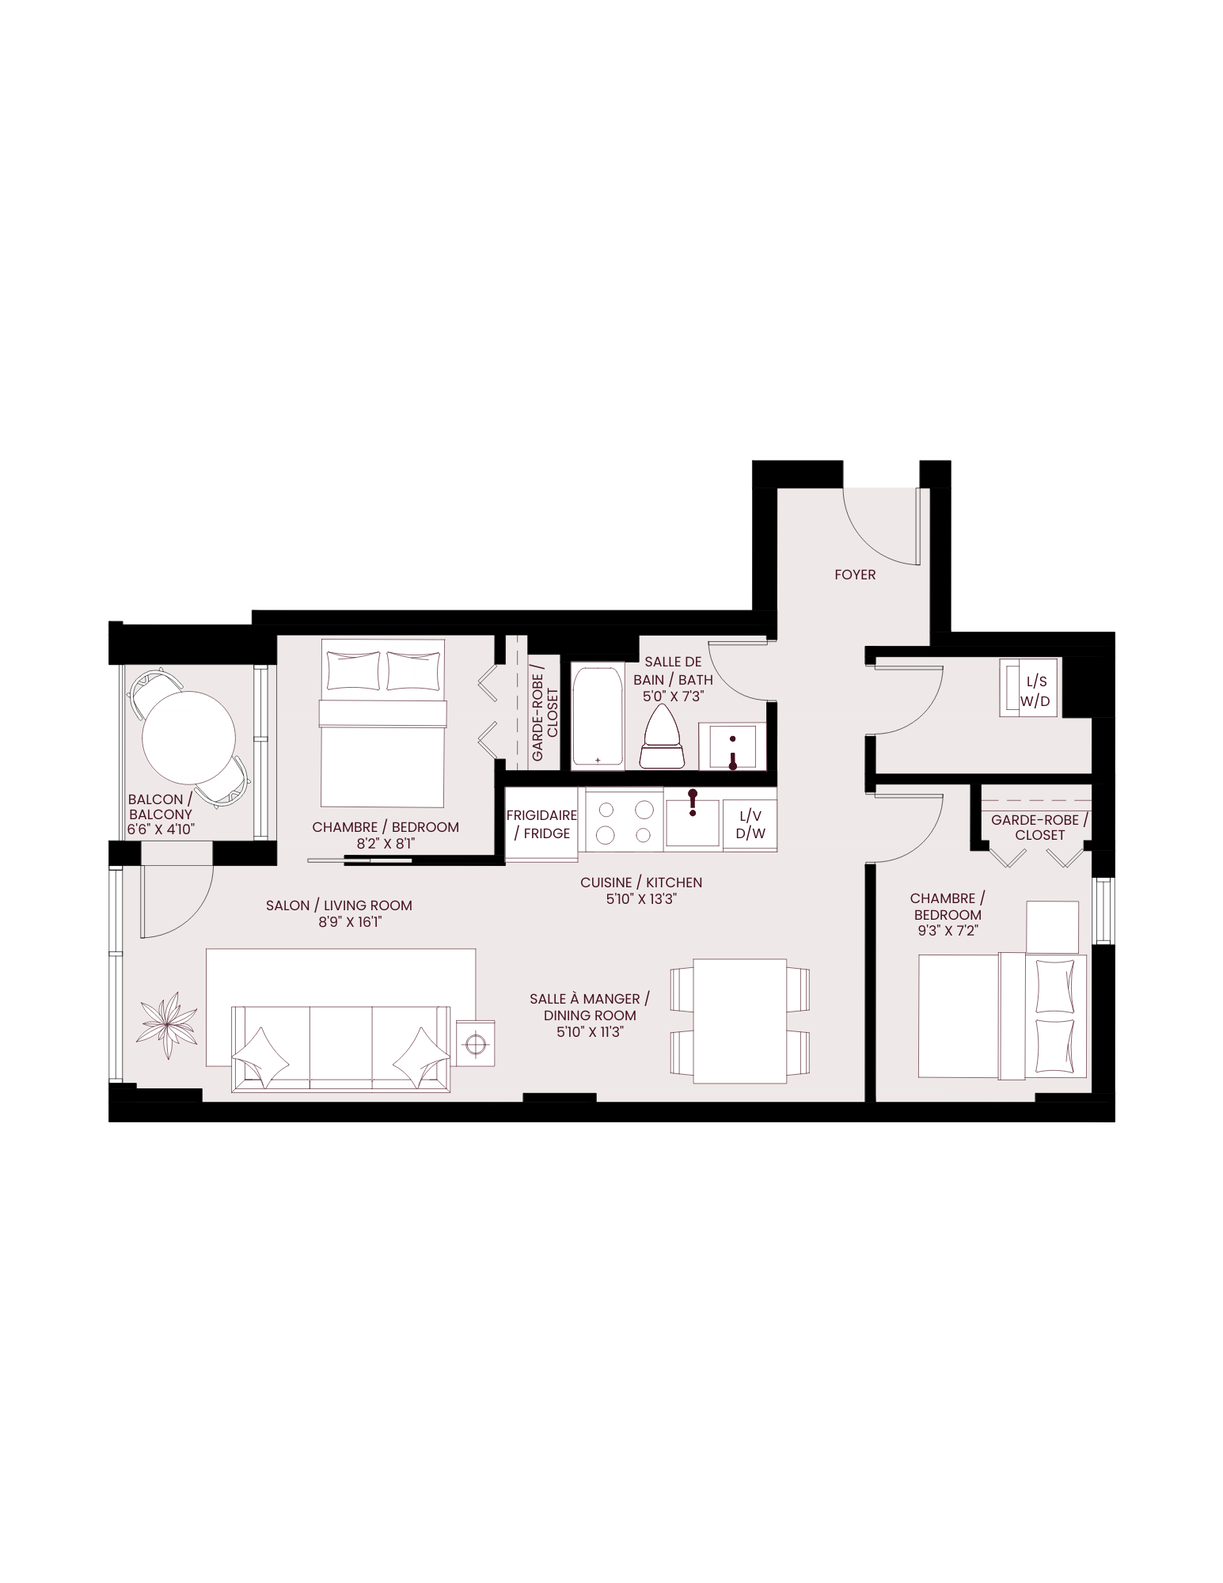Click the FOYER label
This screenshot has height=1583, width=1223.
click(x=855, y=575)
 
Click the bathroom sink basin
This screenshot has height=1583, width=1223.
click(x=732, y=746)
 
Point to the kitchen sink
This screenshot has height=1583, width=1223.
click(x=693, y=822)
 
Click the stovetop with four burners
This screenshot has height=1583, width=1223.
click(x=625, y=821)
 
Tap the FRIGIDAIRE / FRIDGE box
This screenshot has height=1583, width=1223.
click(x=542, y=824)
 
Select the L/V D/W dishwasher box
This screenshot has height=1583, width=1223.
click(x=750, y=824)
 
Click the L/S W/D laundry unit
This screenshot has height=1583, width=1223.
click(x=1028, y=688)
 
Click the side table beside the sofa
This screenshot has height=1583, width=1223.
click(x=475, y=1043)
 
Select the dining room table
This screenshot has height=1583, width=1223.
click(x=740, y=1021)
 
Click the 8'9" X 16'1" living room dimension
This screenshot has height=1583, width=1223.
click(x=340, y=922)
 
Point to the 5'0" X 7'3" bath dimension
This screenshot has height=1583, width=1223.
click(x=673, y=697)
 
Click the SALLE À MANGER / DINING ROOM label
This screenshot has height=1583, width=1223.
click(x=590, y=1008)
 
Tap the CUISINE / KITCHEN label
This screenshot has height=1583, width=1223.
click(x=641, y=883)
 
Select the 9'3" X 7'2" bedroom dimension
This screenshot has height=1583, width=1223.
click(x=948, y=931)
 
